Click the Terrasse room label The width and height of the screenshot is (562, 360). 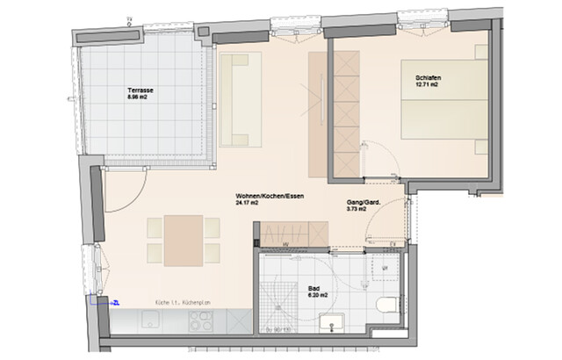click(x=140, y=90)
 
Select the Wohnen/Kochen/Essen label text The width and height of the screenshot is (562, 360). click(x=270, y=195)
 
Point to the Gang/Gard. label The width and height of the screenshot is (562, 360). click(x=364, y=201)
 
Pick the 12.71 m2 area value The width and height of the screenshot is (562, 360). click(x=428, y=87)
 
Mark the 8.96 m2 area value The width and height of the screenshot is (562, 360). click(x=139, y=98)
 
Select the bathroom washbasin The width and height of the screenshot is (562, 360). click(x=333, y=328)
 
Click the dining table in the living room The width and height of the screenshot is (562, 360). click(x=184, y=240)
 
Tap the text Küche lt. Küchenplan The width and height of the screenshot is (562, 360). click(x=183, y=303)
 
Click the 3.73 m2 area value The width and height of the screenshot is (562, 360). click(x=360, y=209)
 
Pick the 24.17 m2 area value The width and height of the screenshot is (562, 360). click(x=247, y=203)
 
